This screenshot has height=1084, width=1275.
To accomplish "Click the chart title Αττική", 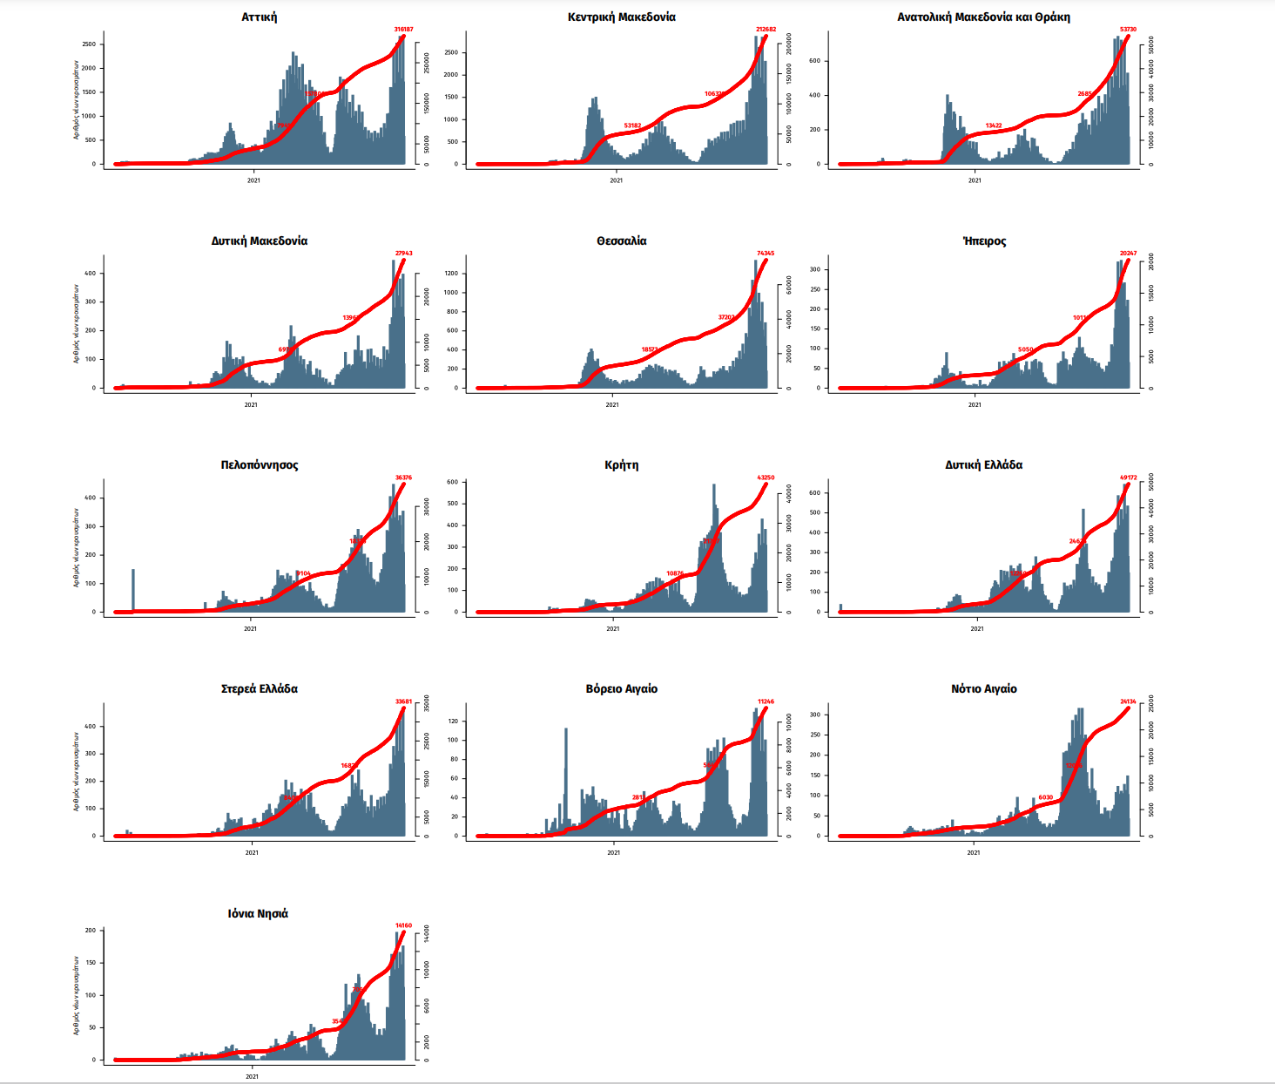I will [259, 17].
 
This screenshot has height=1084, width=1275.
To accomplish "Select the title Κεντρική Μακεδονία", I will [621, 17].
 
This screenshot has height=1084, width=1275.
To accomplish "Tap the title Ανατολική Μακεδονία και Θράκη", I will [983, 17].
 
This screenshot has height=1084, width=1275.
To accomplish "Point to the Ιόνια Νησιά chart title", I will [258, 913].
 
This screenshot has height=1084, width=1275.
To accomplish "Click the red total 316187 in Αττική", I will [403, 30].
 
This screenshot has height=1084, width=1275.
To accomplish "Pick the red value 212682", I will [766, 30].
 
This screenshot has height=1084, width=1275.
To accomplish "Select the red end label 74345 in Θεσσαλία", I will [766, 254].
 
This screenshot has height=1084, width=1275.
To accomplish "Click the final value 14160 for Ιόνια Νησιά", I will [403, 925].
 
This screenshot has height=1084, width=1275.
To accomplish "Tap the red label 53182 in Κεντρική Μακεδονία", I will [632, 125].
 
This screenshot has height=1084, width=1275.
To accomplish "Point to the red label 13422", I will [994, 125].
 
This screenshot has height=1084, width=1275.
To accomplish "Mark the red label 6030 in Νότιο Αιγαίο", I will [1045, 797].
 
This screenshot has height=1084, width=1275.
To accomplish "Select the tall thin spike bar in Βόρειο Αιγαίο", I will [566, 776].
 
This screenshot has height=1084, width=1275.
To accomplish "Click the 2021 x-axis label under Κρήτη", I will [613, 628].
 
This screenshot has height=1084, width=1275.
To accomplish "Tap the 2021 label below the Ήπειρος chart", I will [975, 404].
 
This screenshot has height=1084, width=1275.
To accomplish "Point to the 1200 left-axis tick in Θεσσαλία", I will [450, 274].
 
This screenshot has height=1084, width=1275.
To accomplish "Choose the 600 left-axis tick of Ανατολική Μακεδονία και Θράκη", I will [814, 61].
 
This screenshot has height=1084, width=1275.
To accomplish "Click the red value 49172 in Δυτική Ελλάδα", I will [1129, 478].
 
